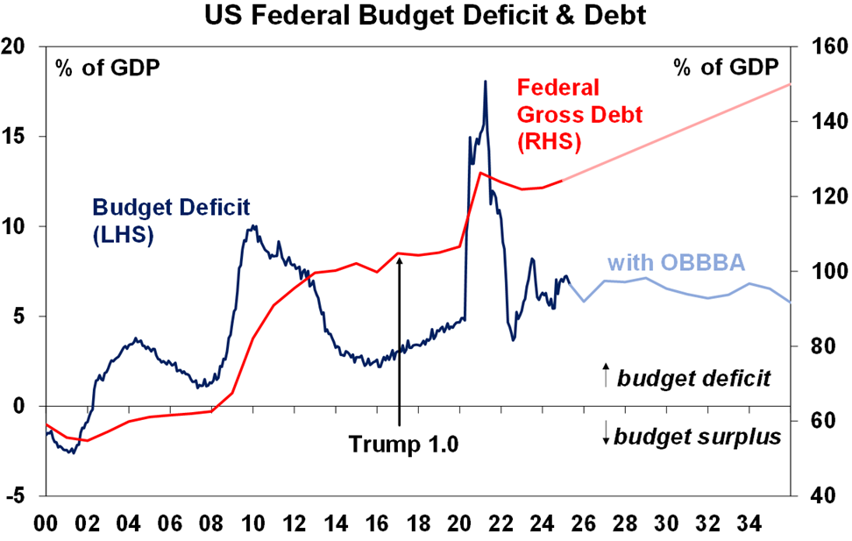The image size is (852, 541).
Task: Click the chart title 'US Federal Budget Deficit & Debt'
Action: (425, 15)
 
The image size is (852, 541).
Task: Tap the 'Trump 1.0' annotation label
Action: (404, 444)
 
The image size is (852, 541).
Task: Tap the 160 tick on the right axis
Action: (820, 46)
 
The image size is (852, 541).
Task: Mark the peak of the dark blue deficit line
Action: (485, 82)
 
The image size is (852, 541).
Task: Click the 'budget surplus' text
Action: (699, 436)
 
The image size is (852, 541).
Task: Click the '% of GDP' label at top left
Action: (108, 68)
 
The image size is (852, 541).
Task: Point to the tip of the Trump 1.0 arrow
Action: (399, 256)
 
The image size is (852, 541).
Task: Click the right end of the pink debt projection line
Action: (790, 84)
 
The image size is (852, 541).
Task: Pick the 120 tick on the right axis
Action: (820, 196)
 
